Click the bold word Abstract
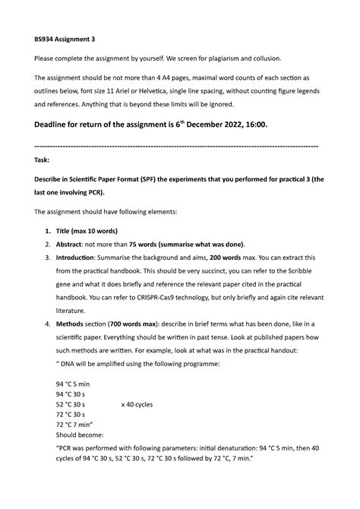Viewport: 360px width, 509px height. point(73,245)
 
